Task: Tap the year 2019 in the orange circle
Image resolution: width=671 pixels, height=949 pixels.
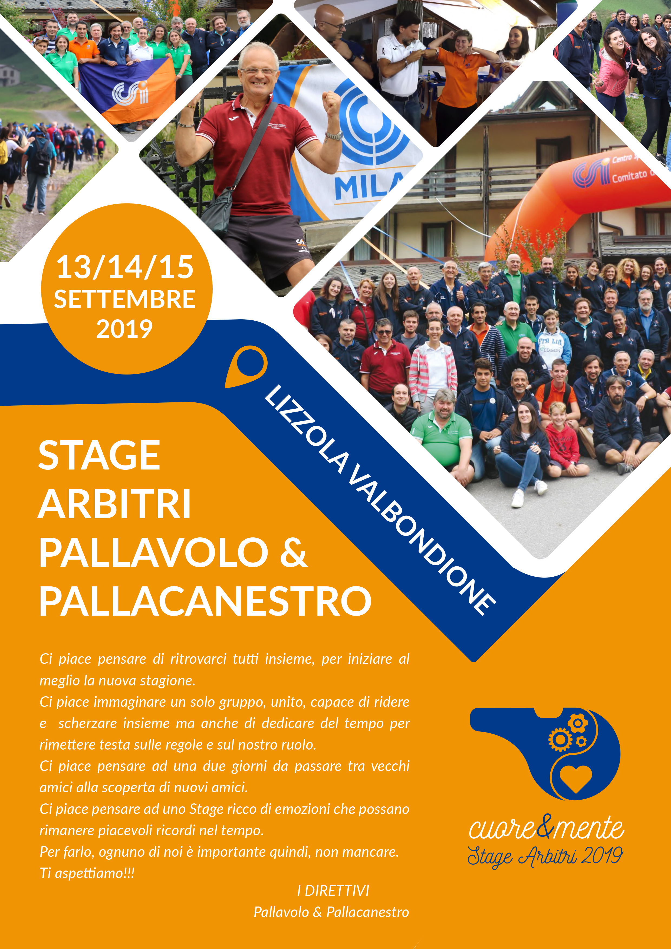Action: click(x=124, y=329)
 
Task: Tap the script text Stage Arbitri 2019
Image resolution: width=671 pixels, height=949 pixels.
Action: click(x=545, y=856)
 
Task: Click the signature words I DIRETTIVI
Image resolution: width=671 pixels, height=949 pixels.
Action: click(x=333, y=891)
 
